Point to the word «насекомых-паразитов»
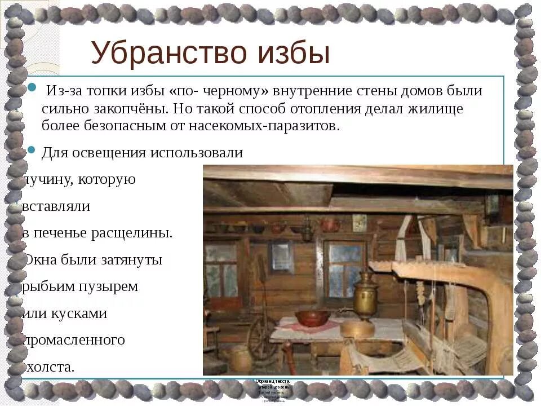(263, 125)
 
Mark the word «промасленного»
(73, 341)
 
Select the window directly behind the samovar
(345, 268)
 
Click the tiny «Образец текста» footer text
(273, 382)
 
